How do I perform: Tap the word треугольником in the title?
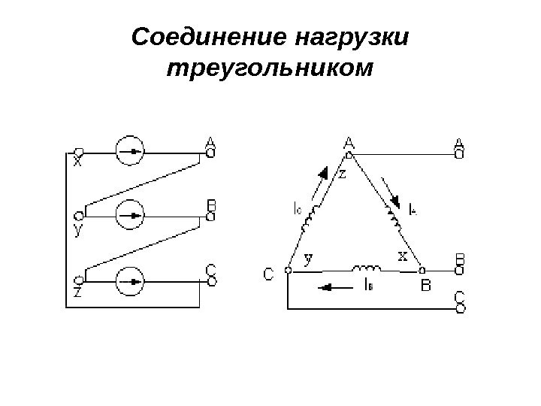(x=270, y=69)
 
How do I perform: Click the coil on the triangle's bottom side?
(x=366, y=268)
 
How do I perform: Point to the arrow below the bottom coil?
(x=328, y=286)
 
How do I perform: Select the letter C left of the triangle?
(x=268, y=275)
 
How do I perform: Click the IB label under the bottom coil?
(x=365, y=285)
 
